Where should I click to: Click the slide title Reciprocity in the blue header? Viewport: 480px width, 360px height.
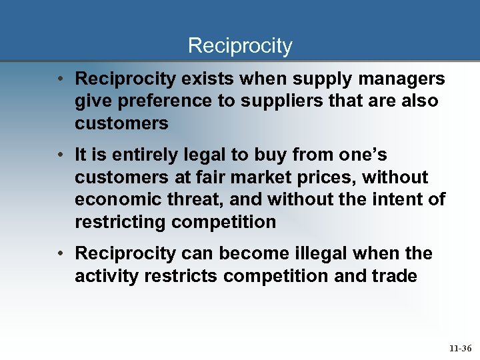[240, 46]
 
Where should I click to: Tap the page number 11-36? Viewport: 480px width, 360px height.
[461, 348]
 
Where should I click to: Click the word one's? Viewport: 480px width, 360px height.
[364, 155]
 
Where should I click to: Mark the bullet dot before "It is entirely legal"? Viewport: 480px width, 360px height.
[60, 155]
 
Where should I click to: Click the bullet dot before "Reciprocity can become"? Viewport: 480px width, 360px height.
[60, 254]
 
